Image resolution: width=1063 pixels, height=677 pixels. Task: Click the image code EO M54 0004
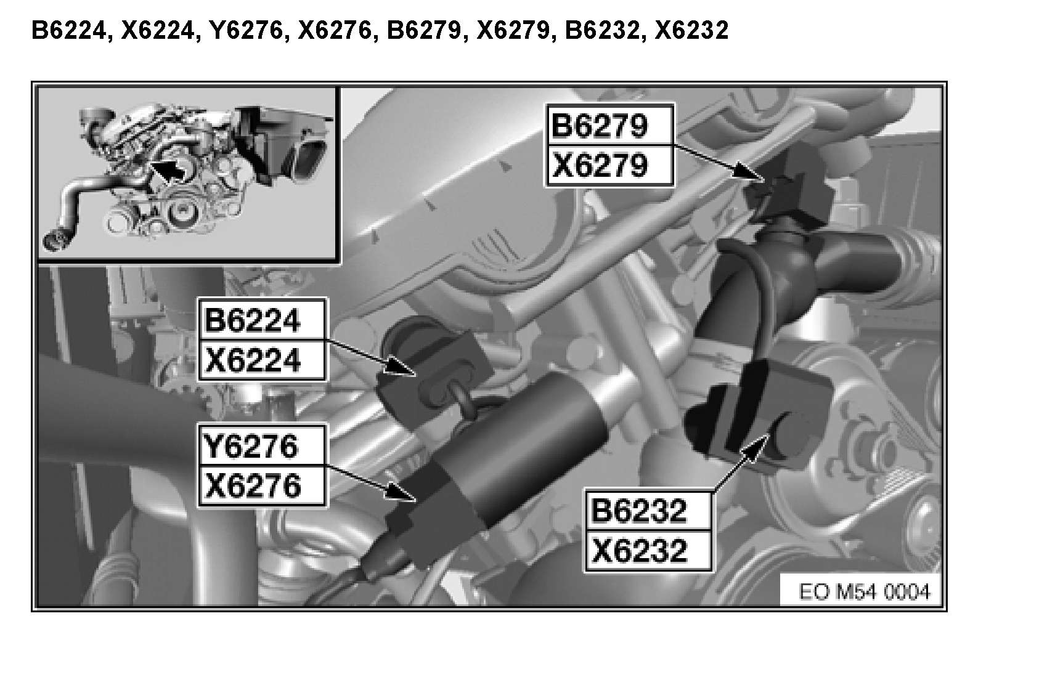(864, 592)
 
